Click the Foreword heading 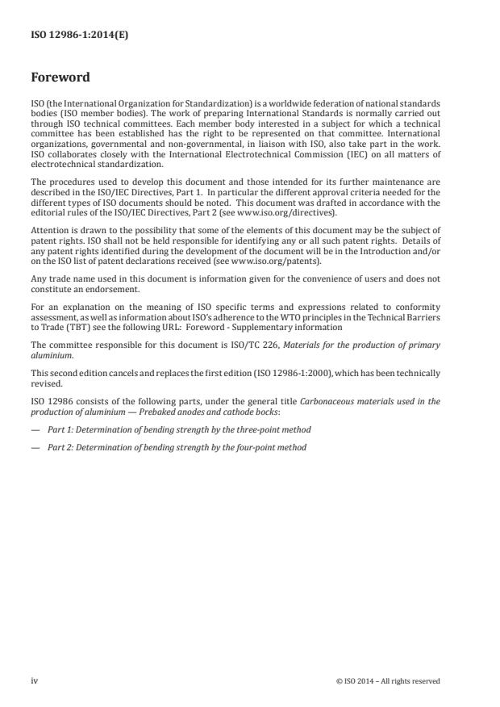click(x=60, y=78)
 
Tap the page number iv click(x=35, y=680)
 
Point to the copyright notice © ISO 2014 click(x=388, y=680)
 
